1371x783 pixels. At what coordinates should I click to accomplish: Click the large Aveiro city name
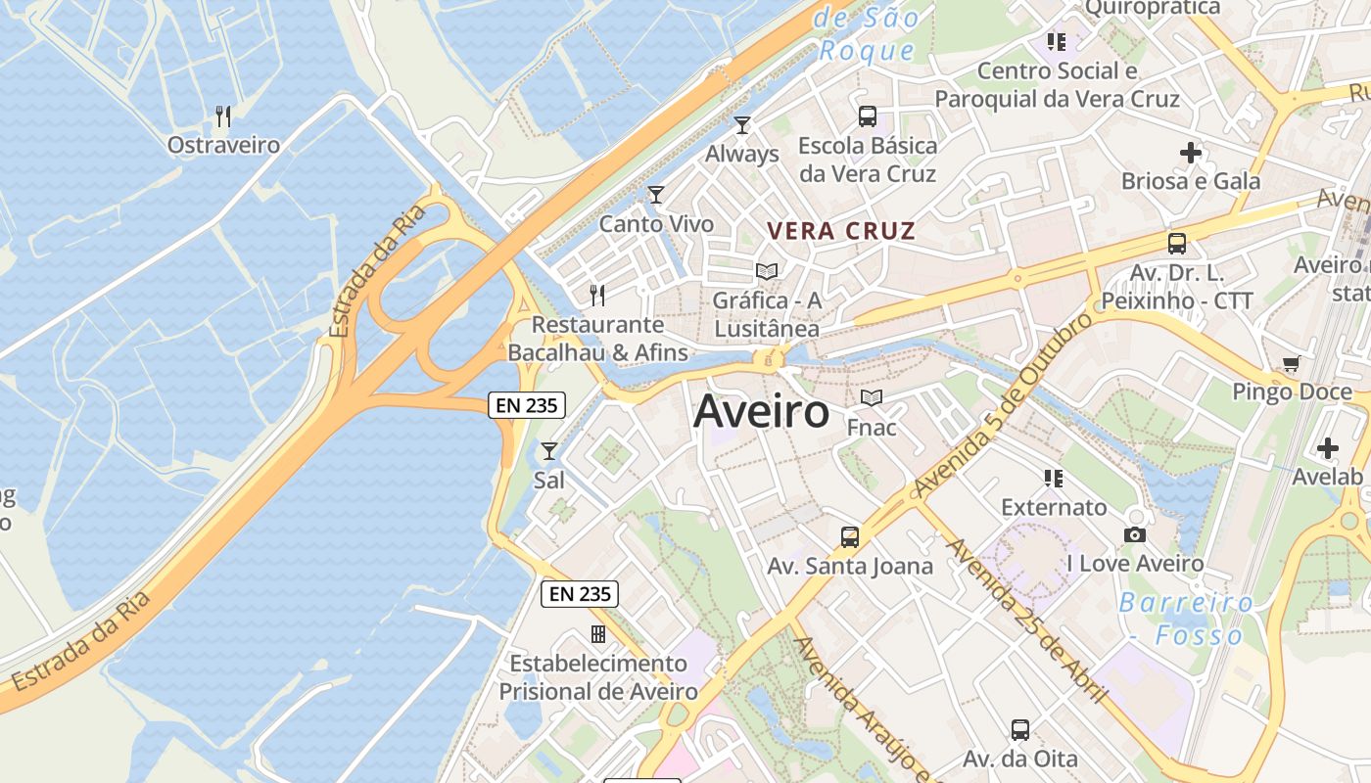[x=761, y=412]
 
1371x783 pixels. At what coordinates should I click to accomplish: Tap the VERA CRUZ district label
[x=841, y=232]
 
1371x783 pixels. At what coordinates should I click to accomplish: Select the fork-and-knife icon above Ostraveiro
[x=223, y=116]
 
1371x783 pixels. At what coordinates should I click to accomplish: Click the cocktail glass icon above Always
[x=742, y=124]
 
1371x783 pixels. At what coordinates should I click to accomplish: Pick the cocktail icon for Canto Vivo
[x=655, y=195]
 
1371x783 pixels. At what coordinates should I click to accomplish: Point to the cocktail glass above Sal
[x=549, y=451]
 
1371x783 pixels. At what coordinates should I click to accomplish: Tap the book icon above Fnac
[x=872, y=398]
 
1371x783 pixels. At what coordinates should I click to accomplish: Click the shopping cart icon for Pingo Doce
[x=1292, y=364]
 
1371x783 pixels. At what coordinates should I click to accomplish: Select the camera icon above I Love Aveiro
[x=1135, y=534]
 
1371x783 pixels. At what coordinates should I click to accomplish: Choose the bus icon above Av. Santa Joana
[x=849, y=537]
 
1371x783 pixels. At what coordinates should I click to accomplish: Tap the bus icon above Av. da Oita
[x=1019, y=730]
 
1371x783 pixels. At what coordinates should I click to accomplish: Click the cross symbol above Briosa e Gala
[x=1191, y=153]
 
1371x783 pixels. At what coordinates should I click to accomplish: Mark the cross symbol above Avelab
[x=1327, y=448]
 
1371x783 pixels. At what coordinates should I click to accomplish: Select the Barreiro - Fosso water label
[x=1186, y=619]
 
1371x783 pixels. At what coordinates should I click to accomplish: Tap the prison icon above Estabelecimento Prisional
[x=597, y=634]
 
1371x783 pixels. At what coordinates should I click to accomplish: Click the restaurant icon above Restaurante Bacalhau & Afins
[x=597, y=295]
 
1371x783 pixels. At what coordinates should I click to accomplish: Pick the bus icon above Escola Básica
[x=868, y=116]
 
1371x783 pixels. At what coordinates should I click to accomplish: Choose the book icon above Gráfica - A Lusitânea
[x=767, y=271]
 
